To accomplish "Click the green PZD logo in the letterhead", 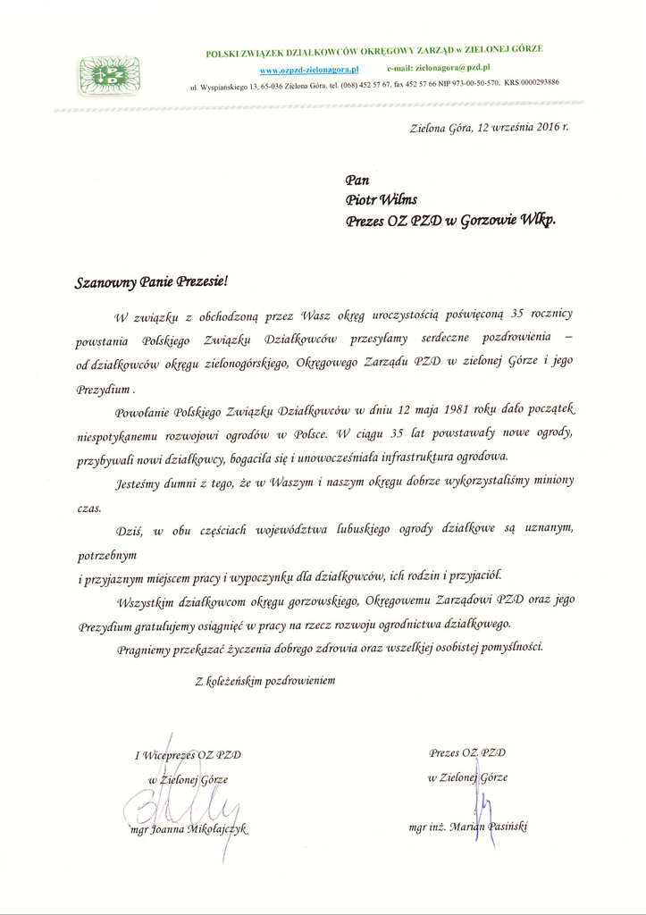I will [109, 74].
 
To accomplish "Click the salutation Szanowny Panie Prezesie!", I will [152, 282].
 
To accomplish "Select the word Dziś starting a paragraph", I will [130, 531].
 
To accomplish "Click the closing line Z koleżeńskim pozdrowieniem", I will [265, 681].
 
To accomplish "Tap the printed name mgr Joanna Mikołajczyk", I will [188, 829].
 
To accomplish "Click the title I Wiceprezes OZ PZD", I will [188, 755].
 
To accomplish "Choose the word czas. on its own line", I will [89, 508].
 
